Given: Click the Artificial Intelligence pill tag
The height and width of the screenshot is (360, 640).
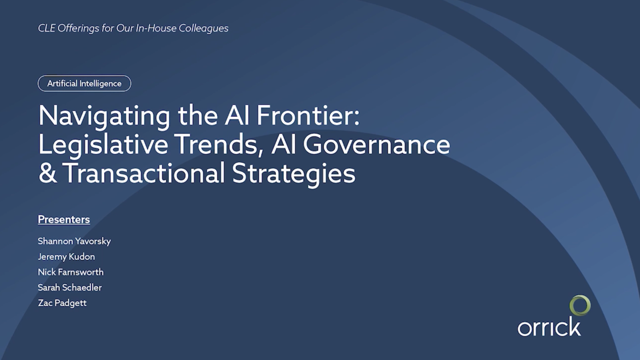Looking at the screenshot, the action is (84, 83).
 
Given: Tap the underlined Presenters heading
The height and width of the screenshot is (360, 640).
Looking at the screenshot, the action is (64, 220).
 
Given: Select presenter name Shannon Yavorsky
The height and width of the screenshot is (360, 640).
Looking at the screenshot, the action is (74, 241).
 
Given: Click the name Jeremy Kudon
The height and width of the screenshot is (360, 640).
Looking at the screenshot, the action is (66, 256).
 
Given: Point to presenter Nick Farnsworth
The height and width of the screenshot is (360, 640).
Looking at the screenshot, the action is (71, 272).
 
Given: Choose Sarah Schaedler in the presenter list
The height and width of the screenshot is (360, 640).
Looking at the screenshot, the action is (70, 287).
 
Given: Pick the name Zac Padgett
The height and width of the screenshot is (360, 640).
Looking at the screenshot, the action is (62, 303).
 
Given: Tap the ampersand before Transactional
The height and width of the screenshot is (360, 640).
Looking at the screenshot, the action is (47, 173).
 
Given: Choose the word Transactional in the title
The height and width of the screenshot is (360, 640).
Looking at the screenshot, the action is (144, 173).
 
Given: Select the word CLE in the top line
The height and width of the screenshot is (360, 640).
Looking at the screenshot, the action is (46, 28).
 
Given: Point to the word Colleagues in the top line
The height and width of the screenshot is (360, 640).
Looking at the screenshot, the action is (203, 29).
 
